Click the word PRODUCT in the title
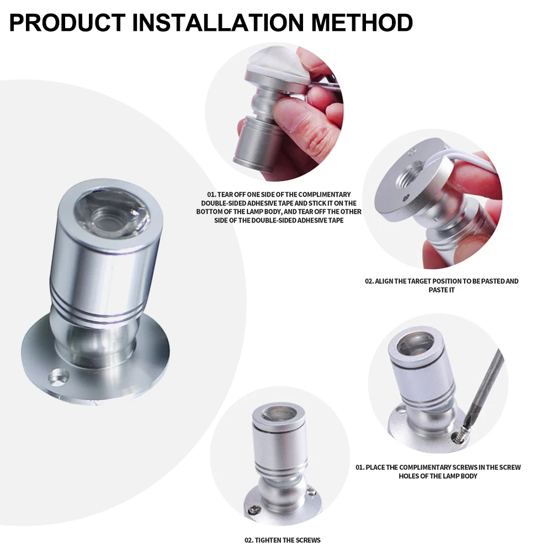coord(67,23)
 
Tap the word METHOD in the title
coord(362,23)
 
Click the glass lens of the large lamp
coord(112,211)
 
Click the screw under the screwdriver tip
coord(457,437)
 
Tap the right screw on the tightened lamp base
coord(310,491)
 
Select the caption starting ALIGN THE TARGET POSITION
coord(442,285)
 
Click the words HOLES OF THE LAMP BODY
coord(438,476)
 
